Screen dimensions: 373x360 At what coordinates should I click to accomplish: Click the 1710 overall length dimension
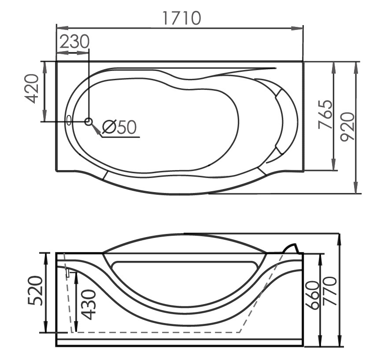click(x=182, y=18)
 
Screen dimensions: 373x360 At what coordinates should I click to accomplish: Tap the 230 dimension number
click(x=74, y=41)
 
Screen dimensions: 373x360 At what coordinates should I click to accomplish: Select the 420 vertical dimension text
click(x=32, y=89)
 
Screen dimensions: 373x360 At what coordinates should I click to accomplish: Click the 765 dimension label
click(x=325, y=115)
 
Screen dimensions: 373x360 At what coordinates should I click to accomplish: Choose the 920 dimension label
click(x=347, y=127)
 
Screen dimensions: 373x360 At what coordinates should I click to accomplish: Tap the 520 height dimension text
click(x=35, y=290)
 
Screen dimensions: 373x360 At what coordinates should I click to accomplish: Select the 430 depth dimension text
click(x=88, y=304)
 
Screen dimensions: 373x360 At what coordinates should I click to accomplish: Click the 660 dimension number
click(x=312, y=295)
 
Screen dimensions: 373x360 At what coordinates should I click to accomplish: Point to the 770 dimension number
click(x=329, y=291)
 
